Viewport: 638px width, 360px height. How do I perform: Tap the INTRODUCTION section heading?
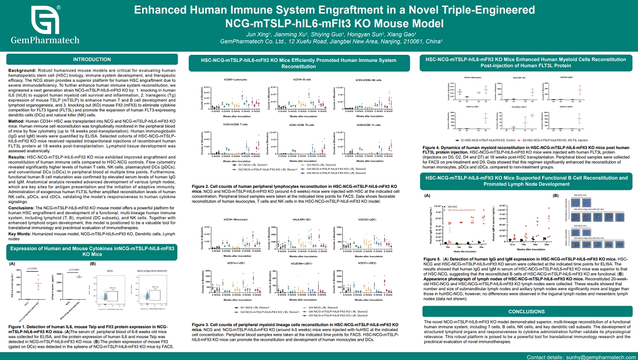point(92,60)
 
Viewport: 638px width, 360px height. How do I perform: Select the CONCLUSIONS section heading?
point(526,312)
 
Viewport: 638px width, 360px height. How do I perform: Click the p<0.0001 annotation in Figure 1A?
point(73,269)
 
